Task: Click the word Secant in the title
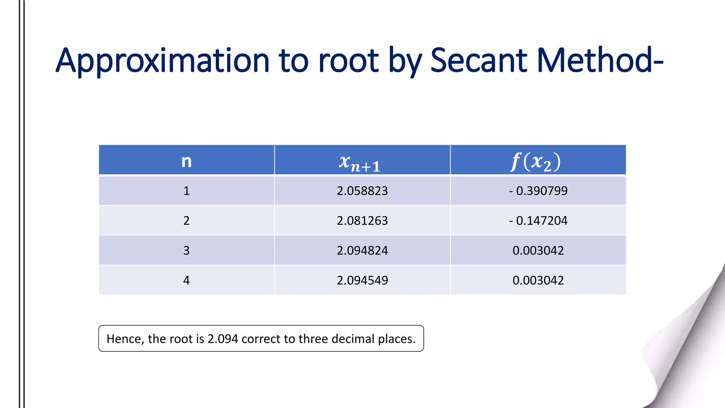point(479,61)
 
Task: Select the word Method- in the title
point(600,61)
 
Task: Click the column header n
point(187,161)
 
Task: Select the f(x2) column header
point(536,162)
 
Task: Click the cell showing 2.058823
point(362,191)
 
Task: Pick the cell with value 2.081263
point(362,221)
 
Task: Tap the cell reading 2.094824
point(362,250)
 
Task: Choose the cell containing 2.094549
point(362,280)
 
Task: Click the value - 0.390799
point(538,191)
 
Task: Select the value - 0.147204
point(538,221)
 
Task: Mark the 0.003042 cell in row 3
point(538,250)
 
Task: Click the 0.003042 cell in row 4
point(538,280)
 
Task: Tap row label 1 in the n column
point(187,191)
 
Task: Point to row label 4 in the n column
point(187,280)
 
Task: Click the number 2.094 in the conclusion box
point(223,339)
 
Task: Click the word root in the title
point(349,61)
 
